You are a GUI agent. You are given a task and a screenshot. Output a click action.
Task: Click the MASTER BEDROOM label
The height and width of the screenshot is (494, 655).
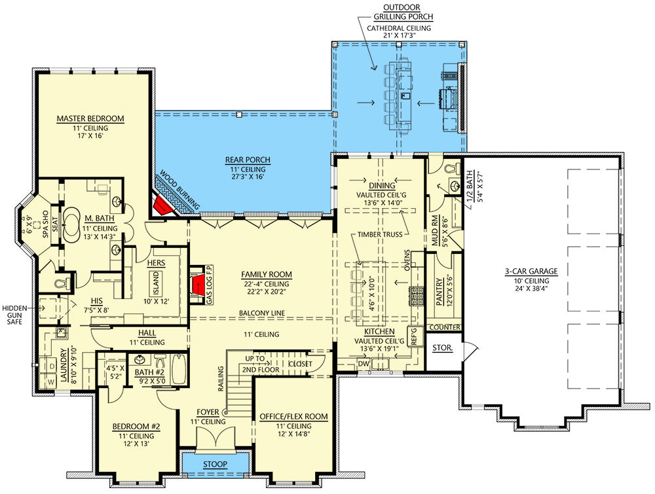[90, 118]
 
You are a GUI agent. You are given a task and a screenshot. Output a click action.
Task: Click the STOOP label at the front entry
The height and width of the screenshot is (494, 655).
[214, 464]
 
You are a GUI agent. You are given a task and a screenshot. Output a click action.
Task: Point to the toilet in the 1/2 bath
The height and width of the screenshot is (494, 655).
[449, 169]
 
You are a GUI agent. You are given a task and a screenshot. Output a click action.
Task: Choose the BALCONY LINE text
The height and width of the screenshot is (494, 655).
[261, 313]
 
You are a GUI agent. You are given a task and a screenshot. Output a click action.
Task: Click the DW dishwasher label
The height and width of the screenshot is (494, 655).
[363, 364]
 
